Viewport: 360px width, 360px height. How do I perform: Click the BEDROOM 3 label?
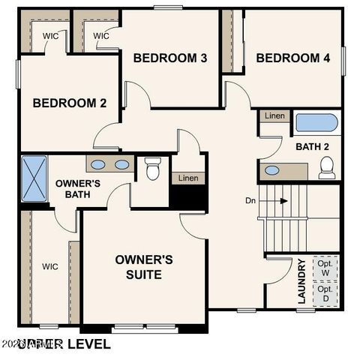point(170,58)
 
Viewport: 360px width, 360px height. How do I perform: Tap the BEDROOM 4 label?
point(293,58)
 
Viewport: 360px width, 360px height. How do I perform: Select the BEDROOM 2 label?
point(70,103)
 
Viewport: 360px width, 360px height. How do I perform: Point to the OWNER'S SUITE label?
point(144,267)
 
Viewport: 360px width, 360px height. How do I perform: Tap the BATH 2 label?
point(312,147)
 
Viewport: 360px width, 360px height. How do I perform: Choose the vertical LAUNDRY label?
point(301,281)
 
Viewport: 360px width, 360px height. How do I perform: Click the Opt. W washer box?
point(325,268)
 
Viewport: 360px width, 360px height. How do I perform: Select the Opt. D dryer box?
point(325,293)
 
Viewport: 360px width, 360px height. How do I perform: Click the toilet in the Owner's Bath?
point(153,169)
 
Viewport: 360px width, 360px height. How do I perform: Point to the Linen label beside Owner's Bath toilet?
point(187,178)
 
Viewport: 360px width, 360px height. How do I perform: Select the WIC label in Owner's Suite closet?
point(50,266)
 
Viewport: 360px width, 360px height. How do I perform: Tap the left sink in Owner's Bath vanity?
point(98,164)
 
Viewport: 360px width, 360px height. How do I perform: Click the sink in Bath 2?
point(272,170)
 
